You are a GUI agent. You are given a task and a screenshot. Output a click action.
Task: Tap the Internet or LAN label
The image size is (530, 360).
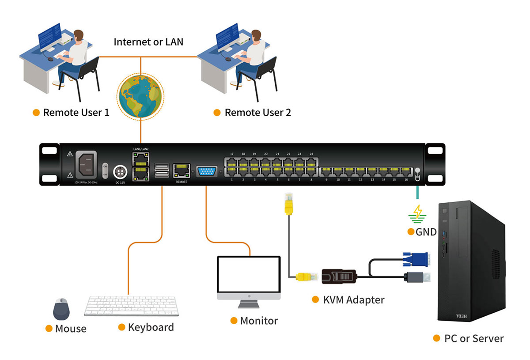(x=148, y=42)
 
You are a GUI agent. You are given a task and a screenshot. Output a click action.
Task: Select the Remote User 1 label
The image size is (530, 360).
(x=76, y=113)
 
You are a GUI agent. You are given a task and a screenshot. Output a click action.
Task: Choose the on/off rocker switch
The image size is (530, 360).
(x=105, y=170)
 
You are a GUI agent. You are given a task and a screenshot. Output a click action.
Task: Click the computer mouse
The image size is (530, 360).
(x=61, y=309)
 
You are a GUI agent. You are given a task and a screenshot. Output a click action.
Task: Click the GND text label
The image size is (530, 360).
(x=426, y=232)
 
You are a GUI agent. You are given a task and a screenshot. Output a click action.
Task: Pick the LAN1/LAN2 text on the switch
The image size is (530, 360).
(x=141, y=149)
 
